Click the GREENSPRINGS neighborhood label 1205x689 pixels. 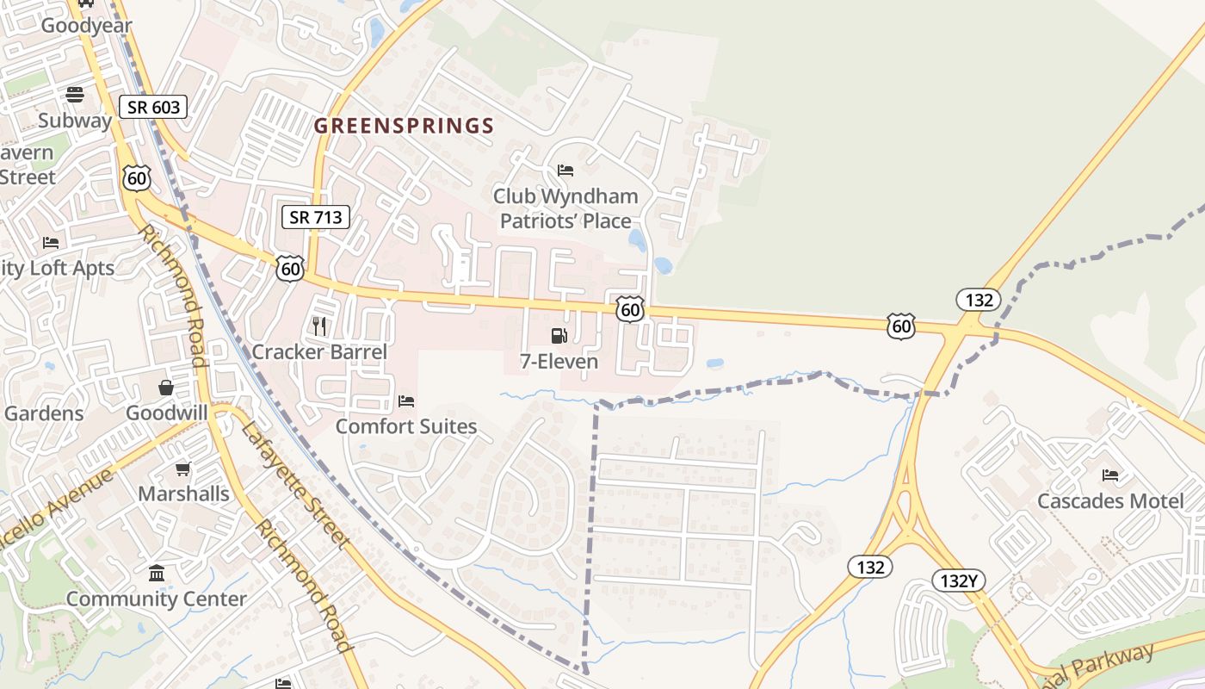click(404, 126)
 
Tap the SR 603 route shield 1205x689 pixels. click(153, 107)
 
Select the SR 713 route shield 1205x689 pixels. click(316, 217)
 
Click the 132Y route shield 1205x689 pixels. click(958, 580)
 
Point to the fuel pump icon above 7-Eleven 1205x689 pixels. click(559, 336)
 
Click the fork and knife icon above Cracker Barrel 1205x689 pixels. click(319, 326)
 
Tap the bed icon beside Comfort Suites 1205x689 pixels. click(406, 401)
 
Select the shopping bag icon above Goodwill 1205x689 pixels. click(166, 388)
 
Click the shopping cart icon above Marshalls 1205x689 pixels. click(183, 469)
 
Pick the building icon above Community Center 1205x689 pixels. click(157, 573)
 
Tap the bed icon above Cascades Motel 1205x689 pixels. click(1110, 475)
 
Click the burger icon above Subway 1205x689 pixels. click(75, 95)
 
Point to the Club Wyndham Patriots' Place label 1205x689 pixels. click(565, 208)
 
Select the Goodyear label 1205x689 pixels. click(86, 25)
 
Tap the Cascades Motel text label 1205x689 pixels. click(1110, 500)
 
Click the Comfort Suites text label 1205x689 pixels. click(406, 426)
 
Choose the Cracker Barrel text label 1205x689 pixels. click(319, 351)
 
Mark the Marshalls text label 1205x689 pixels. click(184, 493)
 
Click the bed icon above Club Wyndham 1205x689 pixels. click(565, 171)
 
